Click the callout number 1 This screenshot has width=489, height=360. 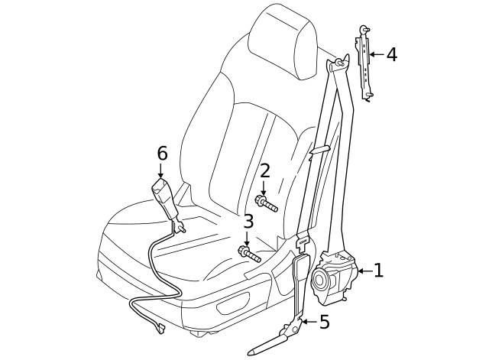tap(378, 271)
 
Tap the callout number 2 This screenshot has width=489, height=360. tap(264, 171)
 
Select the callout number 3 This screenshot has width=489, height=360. tap(248, 222)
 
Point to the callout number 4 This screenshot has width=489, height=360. tap(392, 54)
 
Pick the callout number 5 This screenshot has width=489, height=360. tap(325, 322)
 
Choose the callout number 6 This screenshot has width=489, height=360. tap(162, 153)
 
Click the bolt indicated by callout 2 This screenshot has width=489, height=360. tap(266, 203)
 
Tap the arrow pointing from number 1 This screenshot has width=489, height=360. tap(365, 271)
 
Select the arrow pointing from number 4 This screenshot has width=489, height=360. tap(377, 54)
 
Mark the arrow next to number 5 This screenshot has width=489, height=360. tap(309, 322)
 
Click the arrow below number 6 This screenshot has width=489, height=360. tap(160, 170)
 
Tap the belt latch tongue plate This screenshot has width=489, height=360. tap(303, 242)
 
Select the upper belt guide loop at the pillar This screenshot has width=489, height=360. tap(338, 63)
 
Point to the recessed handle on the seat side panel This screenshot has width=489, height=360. tap(233, 302)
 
